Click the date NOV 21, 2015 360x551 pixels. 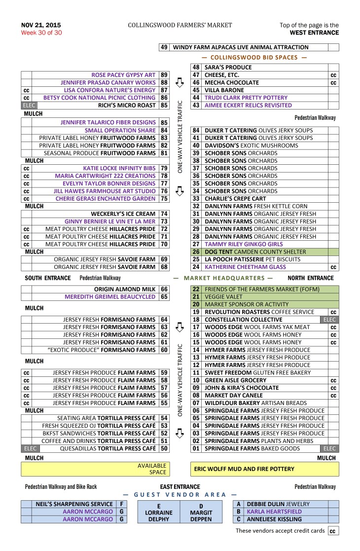(x=37, y=25)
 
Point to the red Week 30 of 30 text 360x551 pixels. (x=41, y=33)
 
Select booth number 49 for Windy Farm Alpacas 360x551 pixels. (x=164, y=47)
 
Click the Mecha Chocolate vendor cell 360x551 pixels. (x=231, y=83)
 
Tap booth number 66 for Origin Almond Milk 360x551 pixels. (x=164, y=289)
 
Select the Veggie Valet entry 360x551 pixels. (x=218, y=297)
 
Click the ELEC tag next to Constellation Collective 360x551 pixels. (x=329, y=320)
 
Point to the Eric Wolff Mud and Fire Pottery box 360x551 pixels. (x=264, y=469)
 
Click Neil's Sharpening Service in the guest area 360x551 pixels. (x=68, y=504)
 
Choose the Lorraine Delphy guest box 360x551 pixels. (x=158, y=513)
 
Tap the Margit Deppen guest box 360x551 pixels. (x=201, y=513)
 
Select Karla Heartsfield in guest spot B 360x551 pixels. (x=274, y=512)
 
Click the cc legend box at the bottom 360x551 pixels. (x=333, y=531)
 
